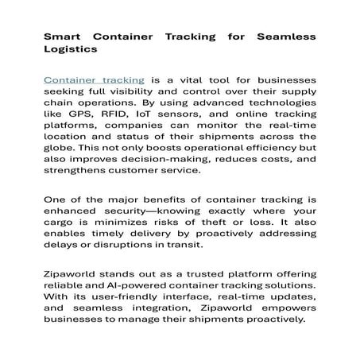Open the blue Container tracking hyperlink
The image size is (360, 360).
point(94,80)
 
